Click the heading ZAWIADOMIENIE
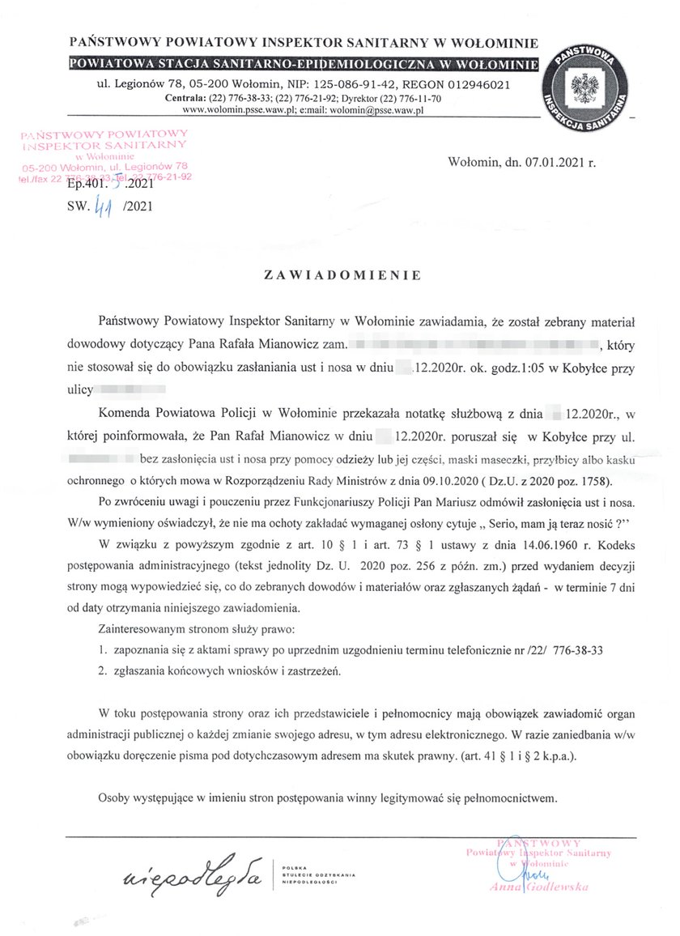coord(342,275)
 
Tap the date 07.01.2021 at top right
coord(550,162)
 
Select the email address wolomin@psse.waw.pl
coord(380,110)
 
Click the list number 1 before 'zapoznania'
coord(101,649)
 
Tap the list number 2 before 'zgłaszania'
coord(101,671)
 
